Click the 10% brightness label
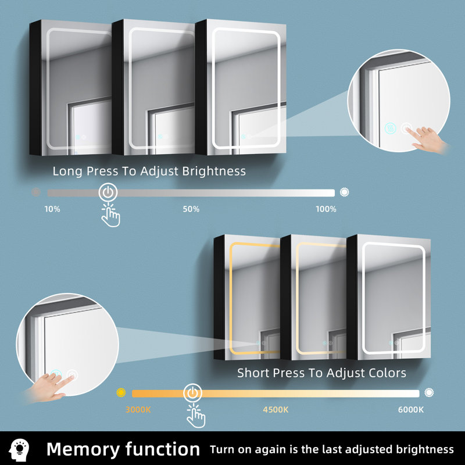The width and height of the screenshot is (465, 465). (52, 209)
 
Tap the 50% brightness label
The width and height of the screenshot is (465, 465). (191, 209)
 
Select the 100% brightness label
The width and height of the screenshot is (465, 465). (326, 209)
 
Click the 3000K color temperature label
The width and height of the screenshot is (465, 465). (138, 410)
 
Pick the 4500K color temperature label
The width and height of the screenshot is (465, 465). (276, 410)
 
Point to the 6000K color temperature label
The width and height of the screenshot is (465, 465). (411, 410)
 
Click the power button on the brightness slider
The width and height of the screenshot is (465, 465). (108, 192)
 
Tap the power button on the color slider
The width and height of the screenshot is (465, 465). (193, 394)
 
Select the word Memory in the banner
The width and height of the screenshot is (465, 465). (83, 449)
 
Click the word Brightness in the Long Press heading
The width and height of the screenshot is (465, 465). (214, 171)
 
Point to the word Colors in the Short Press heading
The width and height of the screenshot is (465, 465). (387, 373)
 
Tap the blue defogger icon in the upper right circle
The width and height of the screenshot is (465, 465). (390, 128)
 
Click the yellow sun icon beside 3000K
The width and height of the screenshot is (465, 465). (121, 393)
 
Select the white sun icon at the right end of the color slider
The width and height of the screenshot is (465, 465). (429, 393)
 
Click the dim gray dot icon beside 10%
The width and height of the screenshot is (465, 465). (36, 192)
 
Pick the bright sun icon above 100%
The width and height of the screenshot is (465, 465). (344, 192)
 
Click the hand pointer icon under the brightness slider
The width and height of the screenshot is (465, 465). (110, 215)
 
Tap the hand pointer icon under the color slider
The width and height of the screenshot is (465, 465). (196, 416)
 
